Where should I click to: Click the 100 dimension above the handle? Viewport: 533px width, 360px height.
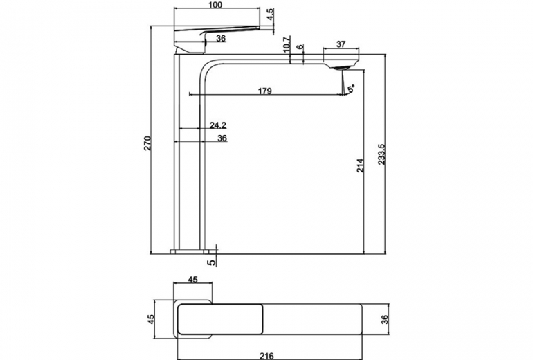[215, 6]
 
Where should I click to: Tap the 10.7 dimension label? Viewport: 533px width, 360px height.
[286, 44]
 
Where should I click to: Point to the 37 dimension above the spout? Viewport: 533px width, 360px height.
[341, 44]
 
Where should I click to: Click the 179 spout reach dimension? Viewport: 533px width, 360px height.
[264, 91]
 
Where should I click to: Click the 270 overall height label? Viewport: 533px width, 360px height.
[146, 143]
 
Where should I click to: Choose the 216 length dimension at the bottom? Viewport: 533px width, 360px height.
[267, 355]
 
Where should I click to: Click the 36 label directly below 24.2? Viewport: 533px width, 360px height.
[222, 138]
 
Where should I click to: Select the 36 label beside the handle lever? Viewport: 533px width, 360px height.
[220, 39]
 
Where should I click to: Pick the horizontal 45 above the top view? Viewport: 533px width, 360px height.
[193, 280]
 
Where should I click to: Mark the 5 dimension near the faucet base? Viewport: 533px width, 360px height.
[210, 261]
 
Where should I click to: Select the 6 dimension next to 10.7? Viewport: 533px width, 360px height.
[299, 46]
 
